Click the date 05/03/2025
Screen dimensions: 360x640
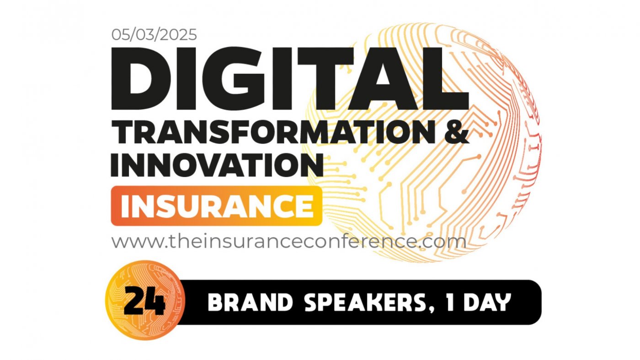(x=154, y=35)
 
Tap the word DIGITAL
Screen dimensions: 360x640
(x=289, y=78)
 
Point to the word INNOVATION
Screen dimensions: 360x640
(x=217, y=164)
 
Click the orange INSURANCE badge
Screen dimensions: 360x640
(x=216, y=206)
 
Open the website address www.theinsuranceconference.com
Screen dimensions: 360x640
(x=288, y=241)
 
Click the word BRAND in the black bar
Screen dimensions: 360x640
(x=242, y=302)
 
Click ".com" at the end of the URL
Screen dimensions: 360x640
(x=441, y=241)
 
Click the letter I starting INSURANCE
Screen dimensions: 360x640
(x=124, y=206)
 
